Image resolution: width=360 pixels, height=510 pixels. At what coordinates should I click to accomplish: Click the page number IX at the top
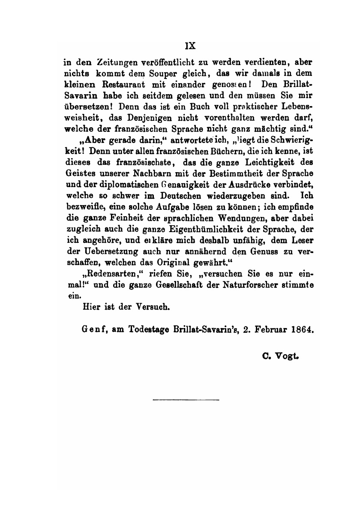point(190,45)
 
